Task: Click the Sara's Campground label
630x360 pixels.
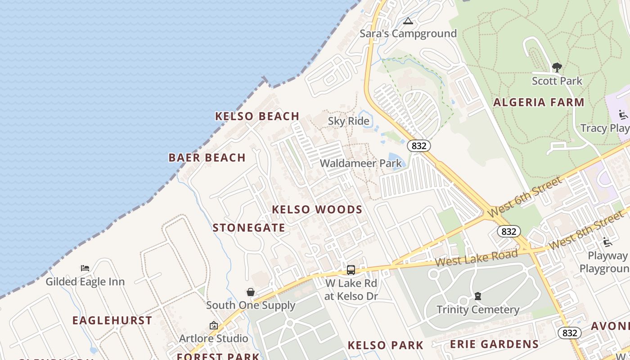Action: pyautogui.click(x=408, y=34)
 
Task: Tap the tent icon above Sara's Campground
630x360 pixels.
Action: pyautogui.click(x=408, y=21)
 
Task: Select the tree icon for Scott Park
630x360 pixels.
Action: pyautogui.click(x=557, y=68)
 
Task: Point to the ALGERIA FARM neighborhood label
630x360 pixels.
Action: pyautogui.click(x=539, y=103)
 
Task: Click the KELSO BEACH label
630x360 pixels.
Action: pyautogui.click(x=257, y=117)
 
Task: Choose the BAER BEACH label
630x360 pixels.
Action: pyautogui.click(x=207, y=158)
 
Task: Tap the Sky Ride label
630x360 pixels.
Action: pyautogui.click(x=348, y=121)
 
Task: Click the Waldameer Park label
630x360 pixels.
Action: pyautogui.click(x=361, y=163)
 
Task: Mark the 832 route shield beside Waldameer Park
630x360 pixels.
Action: pyautogui.click(x=419, y=146)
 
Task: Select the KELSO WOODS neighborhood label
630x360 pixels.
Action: pyautogui.click(x=317, y=210)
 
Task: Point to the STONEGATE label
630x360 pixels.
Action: pyautogui.click(x=249, y=228)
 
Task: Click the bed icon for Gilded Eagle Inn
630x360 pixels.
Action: pyautogui.click(x=85, y=268)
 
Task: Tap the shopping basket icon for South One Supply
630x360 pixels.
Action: pyautogui.click(x=251, y=292)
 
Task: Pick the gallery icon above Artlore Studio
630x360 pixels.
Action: pyautogui.click(x=214, y=325)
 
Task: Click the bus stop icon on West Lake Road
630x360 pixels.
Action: pyautogui.click(x=351, y=270)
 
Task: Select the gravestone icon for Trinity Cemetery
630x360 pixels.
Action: pyautogui.click(x=478, y=296)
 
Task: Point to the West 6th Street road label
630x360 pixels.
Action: pyautogui.click(x=525, y=197)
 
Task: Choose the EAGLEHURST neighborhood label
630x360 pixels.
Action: pyautogui.click(x=112, y=321)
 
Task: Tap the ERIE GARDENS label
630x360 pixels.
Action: pyautogui.click(x=495, y=345)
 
